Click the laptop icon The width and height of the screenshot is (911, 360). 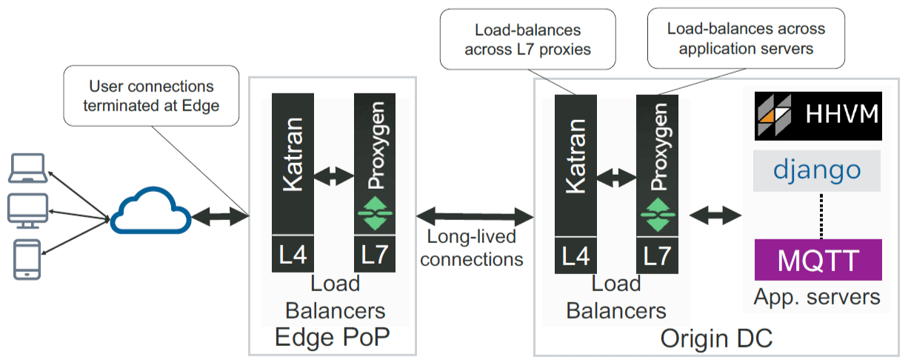[x=26, y=169]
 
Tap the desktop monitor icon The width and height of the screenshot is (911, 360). [x=27, y=210]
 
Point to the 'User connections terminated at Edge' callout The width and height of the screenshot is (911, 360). [x=152, y=95]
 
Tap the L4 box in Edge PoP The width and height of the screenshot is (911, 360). [x=293, y=254]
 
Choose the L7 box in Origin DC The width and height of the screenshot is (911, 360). [x=657, y=254]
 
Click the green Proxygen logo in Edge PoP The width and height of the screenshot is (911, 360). [x=375, y=213]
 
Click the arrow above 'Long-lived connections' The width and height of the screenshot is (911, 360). [x=475, y=216]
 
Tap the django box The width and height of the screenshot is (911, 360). [x=818, y=170]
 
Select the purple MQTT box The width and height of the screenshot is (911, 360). [x=818, y=260]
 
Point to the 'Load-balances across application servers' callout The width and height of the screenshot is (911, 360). [x=746, y=39]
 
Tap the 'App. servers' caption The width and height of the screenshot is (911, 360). [x=817, y=297]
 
